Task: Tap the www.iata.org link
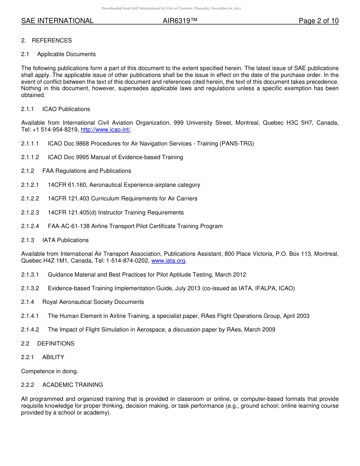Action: click(168, 261)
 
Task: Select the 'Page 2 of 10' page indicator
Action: click(318, 21)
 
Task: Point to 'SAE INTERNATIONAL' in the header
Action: click(57, 21)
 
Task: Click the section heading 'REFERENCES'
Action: click(52, 41)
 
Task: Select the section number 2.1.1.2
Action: click(30, 157)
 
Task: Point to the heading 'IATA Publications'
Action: click(65, 240)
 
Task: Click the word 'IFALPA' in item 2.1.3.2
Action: click(264, 288)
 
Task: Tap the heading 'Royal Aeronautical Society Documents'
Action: click(93, 302)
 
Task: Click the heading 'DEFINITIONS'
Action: click(56, 344)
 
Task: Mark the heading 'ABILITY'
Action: click(53, 357)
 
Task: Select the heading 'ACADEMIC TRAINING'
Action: click(72, 385)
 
